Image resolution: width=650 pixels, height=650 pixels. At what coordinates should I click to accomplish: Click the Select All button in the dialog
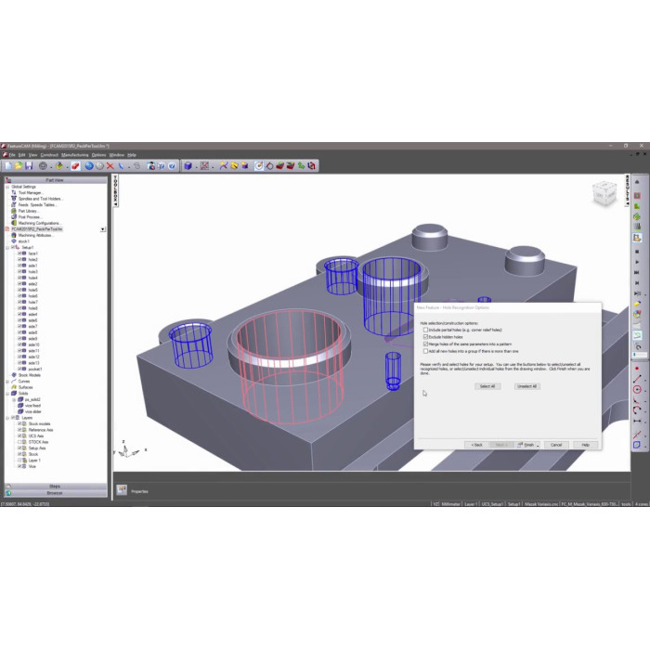(x=487, y=386)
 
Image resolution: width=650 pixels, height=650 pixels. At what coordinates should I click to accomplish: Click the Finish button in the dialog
(x=528, y=445)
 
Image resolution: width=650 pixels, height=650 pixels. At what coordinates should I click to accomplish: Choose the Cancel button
(x=556, y=445)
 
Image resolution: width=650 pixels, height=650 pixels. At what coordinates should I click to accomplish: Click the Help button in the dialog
(x=585, y=445)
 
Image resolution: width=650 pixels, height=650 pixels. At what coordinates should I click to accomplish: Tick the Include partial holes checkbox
(x=425, y=330)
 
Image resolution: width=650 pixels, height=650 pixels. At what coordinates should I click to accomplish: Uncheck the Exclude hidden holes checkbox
(x=425, y=337)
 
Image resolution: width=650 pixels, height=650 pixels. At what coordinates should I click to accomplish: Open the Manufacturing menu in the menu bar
(x=74, y=154)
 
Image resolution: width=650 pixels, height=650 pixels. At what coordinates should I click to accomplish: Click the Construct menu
(x=49, y=154)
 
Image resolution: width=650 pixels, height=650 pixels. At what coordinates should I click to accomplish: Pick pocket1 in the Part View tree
(x=34, y=369)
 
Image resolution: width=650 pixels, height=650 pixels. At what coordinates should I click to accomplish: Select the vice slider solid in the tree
(x=34, y=411)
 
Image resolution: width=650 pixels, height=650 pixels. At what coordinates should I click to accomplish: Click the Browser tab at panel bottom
(x=55, y=493)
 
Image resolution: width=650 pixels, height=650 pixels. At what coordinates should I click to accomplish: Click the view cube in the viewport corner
(x=604, y=194)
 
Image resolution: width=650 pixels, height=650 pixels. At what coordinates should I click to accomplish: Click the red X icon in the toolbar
(x=110, y=166)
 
